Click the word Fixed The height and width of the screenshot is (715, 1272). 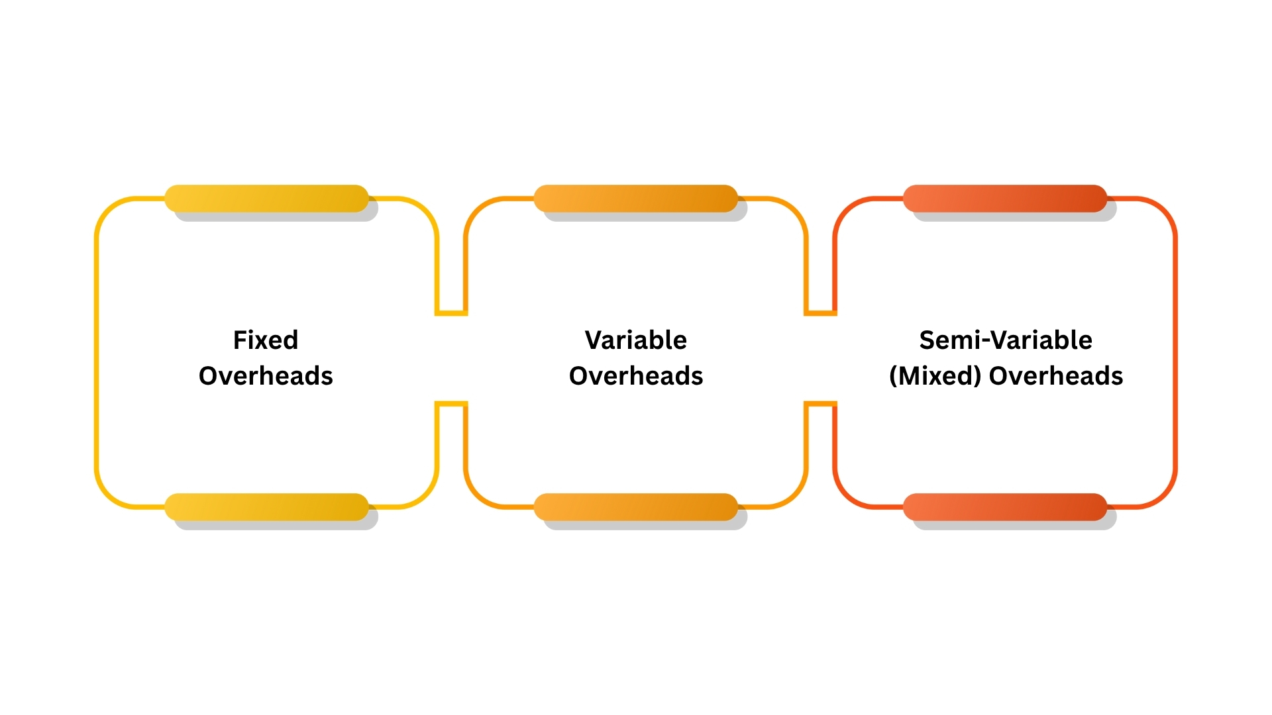click(266, 340)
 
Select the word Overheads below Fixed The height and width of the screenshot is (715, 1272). click(266, 376)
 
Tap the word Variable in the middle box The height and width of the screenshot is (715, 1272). click(636, 340)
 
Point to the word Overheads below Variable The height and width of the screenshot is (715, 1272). click(636, 376)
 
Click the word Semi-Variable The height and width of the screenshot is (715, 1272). click(1006, 340)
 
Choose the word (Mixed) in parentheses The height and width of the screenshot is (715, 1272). click(935, 376)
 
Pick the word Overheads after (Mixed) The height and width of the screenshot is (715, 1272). click(1056, 376)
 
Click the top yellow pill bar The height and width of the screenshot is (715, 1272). click(266, 199)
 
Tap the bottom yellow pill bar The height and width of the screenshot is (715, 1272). click(266, 507)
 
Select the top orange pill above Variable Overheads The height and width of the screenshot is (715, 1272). click(636, 199)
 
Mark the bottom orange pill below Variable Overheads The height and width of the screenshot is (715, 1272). click(636, 507)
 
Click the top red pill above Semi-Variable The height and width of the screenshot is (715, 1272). click(1005, 199)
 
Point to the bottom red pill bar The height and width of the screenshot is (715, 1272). click(1005, 507)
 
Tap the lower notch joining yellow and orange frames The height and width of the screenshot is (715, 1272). click(451, 403)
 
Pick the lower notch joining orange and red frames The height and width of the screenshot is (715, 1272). click(821, 403)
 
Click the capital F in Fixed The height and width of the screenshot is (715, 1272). click(240, 340)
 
